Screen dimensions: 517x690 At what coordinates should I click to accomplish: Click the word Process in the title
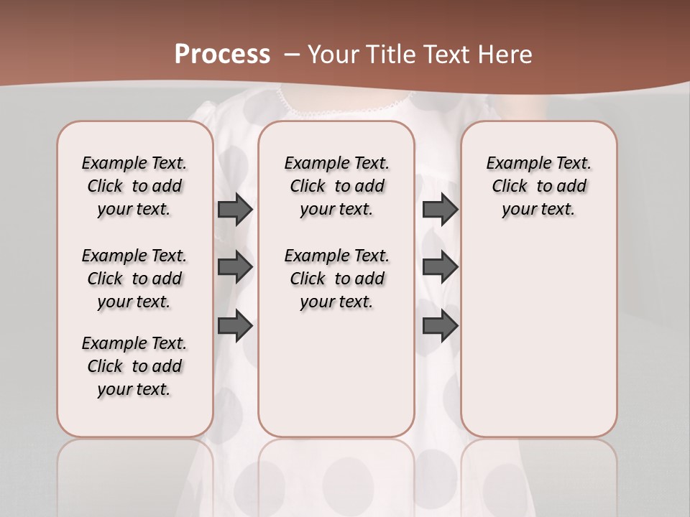pyautogui.click(x=222, y=54)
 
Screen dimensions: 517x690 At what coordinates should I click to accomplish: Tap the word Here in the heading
pyautogui.click(x=506, y=55)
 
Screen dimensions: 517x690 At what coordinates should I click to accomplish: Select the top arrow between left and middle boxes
pyautogui.click(x=234, y=209)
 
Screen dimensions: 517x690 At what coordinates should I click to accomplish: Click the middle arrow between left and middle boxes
pyautogui.click(x=234, y=267)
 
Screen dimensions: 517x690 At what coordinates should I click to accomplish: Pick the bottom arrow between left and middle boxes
pyautogui.click(x=234, y=326)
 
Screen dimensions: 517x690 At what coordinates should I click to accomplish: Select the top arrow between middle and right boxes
pyautogui.click(x=440, y=209)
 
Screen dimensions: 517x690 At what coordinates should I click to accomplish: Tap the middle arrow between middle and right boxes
pyautogui.click(x=440, y=267)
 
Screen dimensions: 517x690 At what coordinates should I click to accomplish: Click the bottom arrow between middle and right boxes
pyautogui.click(x=440, y=326)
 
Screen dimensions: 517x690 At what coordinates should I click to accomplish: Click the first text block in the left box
pyautogui.click(x=134, y=186)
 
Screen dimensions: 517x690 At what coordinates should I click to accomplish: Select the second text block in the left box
pyautogui.click(x=134, y=279)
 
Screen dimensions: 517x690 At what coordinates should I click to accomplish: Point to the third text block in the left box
pyautogui.click(x=134, y=366)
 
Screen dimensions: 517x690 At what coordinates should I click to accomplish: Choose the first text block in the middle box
pyautogui.click(x=336, y=186)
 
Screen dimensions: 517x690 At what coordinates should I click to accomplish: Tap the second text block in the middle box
pyautogui.click(x=336, y=279)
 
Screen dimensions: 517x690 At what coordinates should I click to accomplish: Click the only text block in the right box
pyautogui.click(x=538, y=186)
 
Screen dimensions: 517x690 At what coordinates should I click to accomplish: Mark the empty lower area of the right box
pyautogui.click(x=538, y=337)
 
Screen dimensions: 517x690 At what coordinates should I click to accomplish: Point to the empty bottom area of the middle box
pyautogui.click(x=336, y=381)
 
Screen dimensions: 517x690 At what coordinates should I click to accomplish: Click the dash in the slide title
pyautogui.click(x=291, y=55)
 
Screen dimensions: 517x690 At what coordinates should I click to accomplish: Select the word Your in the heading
pyautogui.click(x=335, y=55)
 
